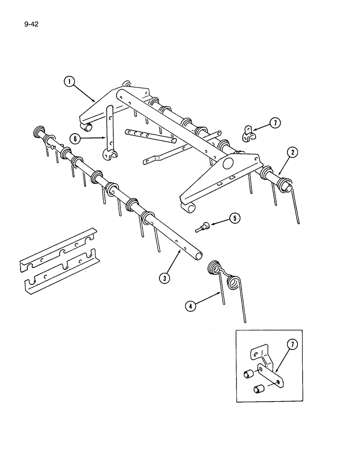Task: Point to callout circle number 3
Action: click(x=163, y=278)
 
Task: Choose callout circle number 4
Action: click(x=189, y=305)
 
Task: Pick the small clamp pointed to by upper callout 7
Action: click(x=248, y=134)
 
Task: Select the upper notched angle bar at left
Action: click(x=57, y=250)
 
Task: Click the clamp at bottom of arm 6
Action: click(x=109, y=155)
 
